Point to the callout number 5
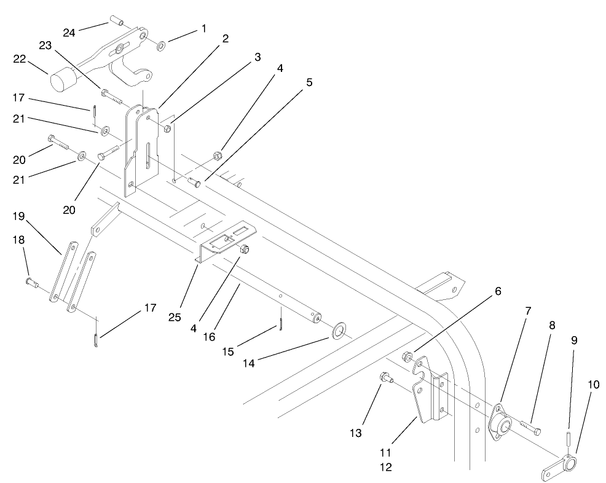[x=309, y=82]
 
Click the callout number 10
[x=593, y=385]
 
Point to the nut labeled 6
[x=407, y=356]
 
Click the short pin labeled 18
[x=32, y=282]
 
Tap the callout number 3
[x=257, y=57]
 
